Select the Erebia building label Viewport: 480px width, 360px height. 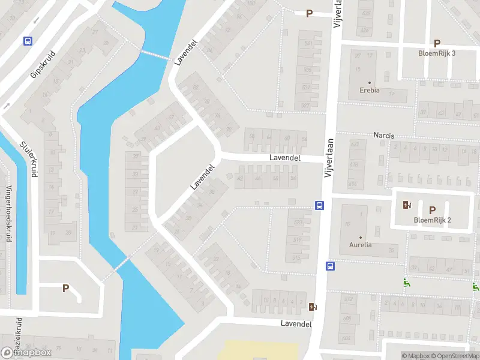pyautogui.click(x=369, y=91)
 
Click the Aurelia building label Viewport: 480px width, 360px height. pyautogui.click(x=361, y=245)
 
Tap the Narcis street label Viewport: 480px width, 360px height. pyautogui.click(x=384, y=136)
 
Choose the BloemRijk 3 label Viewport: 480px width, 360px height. pyautogui.click(x=437, y=53)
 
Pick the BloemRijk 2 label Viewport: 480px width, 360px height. pyautogui.click(x=432, y=220)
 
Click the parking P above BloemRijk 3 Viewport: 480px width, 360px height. pyautogui.click(x=437, y=43)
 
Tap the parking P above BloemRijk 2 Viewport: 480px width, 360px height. pyautogui.click(x=432, y=210)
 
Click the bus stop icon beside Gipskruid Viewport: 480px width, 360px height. pyautogui.click(x=28, y=41)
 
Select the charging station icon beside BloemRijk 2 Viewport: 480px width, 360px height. pyautogui.click(x=407, y=205)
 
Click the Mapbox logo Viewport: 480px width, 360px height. pyautogui.click(x=27, y=353)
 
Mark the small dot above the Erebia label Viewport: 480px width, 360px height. pyautogui.click(x=369, y=82)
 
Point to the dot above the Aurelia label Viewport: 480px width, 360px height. pyautogui.click(x=361, y=236)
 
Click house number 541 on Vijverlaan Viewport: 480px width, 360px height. pyautogui.click(x=308, y=44)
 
